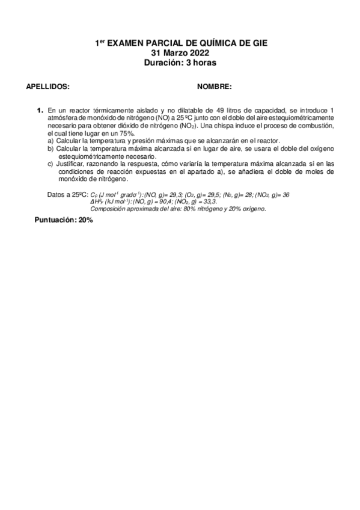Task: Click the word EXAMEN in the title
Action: pyautogui.click(x=131, y=43)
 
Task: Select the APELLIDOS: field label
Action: pyautogui.click(x=48, y=87)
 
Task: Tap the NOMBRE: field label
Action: pyautogui.click(x=215, y=87)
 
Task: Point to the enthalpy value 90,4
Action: pyautogui.click(x=169, y=202)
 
